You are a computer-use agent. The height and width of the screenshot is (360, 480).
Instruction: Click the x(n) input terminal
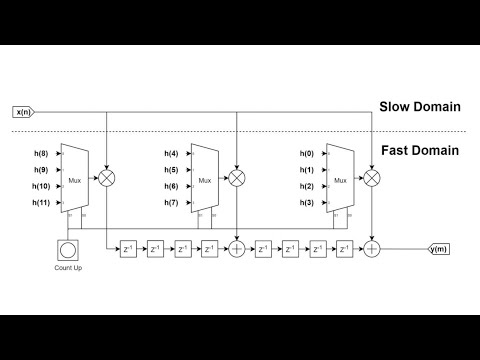pyautogui.click(x=23, y=111)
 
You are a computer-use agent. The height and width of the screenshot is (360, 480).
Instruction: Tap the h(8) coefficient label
pyautogui.click(x=40, y=154)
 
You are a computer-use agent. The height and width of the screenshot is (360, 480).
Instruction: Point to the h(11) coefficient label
pyautogui.click(x=40, y=203)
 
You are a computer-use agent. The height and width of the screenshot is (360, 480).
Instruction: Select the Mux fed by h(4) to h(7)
pyautogui.click(x=205, y=179)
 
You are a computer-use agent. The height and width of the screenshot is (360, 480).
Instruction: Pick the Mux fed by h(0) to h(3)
pyautogui.click(x=341, y=179)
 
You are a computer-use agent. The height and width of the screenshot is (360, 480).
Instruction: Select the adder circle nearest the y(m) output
pyautogui.click(x=372, y=246)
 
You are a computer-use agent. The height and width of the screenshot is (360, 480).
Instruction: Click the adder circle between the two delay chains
pyautogui.click(x=237, y=246)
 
